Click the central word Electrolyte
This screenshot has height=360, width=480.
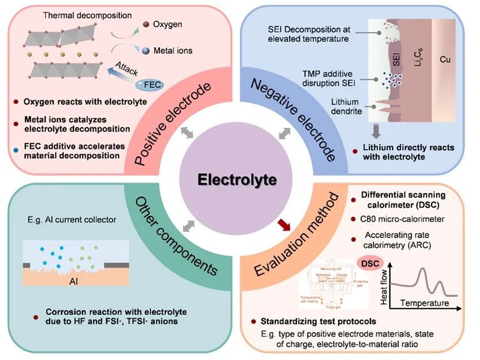(x=237, y=180)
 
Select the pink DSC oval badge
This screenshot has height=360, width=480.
(x=367, y=263)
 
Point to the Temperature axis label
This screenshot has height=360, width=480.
(x=425, y=303)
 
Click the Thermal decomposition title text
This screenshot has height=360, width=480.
(x=79, y=14)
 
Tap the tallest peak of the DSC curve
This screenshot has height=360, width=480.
(x=422, y=270)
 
